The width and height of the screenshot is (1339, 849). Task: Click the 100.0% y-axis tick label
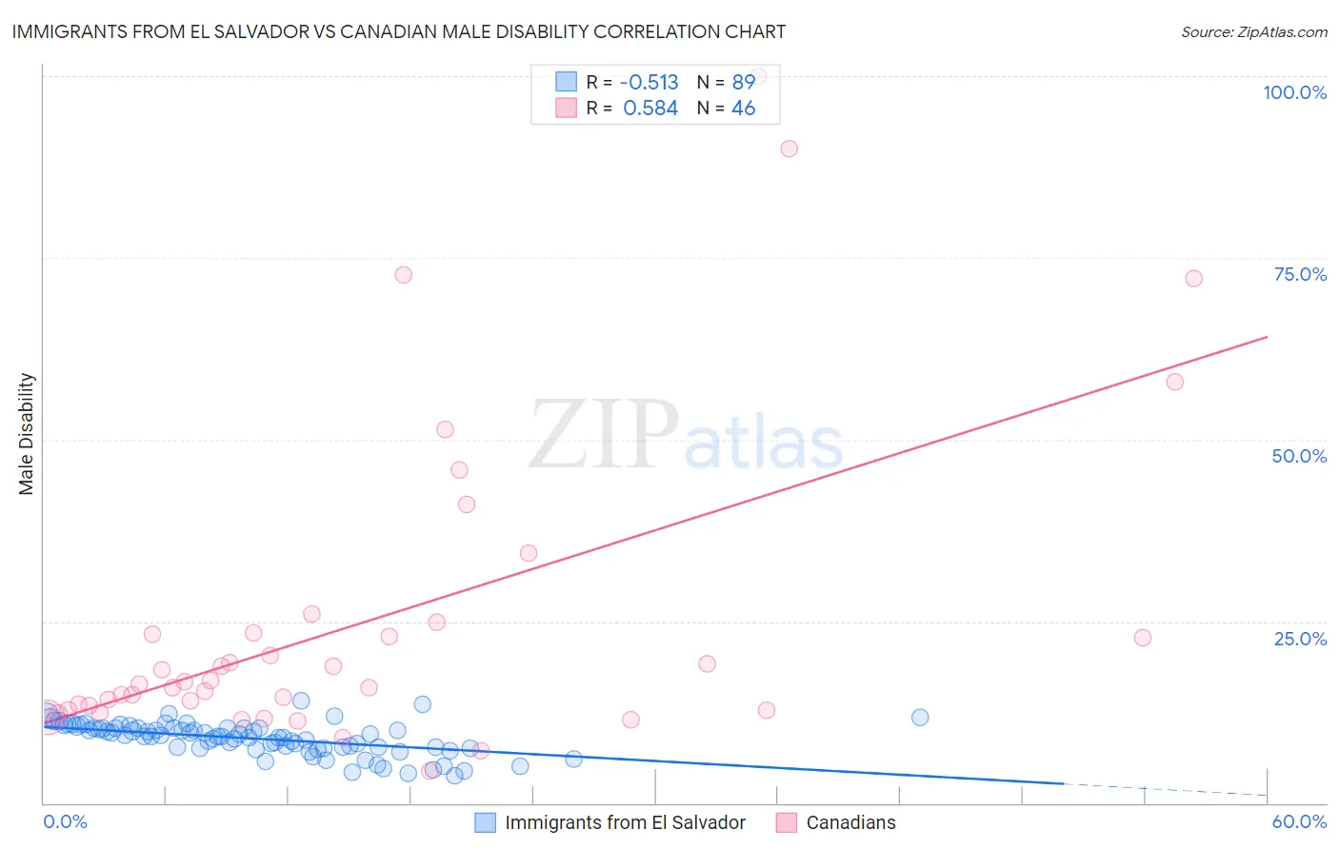pos(1294,92)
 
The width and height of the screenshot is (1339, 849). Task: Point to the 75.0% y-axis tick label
pos(1300,274)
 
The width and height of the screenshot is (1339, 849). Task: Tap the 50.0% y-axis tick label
pos(1299,456)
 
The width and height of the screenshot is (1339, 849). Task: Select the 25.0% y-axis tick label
pos(1300,639)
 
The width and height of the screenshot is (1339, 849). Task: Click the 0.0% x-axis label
pos(65,821)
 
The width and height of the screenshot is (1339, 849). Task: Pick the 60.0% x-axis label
pos(1299,821)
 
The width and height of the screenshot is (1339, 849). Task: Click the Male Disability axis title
pos(26,433)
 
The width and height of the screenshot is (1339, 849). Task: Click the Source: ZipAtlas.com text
pos(1253,32)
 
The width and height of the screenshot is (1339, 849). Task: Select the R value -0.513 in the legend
pos(649,82)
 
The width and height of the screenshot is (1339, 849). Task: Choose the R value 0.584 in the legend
pos(650,109)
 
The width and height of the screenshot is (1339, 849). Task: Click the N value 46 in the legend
pos(743,109)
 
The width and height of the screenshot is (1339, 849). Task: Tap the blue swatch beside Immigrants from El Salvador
pos(485,822)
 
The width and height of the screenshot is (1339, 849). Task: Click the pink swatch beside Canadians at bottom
pos(786,822)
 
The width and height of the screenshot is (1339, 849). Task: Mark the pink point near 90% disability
pos(789,148)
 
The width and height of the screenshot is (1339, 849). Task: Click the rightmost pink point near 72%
pos(1193,278)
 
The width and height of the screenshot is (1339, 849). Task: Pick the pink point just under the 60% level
pos(1174,382)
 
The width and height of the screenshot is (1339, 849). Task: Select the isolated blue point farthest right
pos(919,718)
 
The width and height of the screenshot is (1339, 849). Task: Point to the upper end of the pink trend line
pos(1267,337)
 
